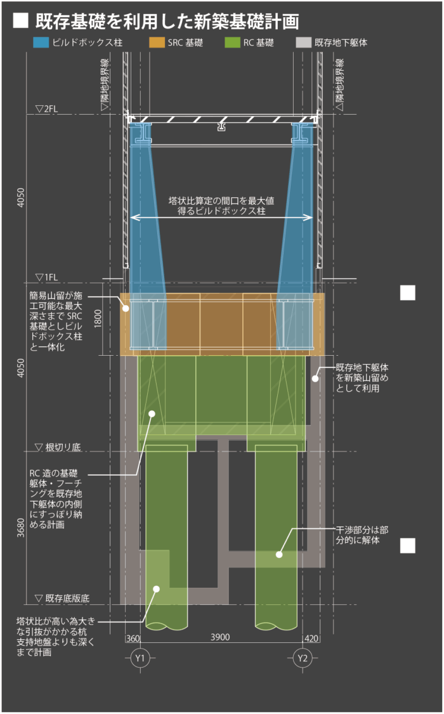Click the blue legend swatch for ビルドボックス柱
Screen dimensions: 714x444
point(41,43)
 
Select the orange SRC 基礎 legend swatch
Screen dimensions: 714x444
point(157,43)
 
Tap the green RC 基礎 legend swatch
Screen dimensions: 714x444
point(232,43)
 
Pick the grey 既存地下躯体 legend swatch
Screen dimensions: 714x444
point(304,43)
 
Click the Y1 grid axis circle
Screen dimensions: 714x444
point(140,659)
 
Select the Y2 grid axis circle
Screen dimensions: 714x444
point(303,659)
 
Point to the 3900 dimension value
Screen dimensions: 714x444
point(220,637)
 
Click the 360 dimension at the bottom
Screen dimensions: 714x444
point(133,637)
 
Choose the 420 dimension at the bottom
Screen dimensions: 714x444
point(311,637)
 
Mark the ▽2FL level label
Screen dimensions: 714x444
point(47,108)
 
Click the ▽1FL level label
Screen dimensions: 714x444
point(47,277)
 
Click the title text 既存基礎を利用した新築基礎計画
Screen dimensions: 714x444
point(167,21)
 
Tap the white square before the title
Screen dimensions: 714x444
point(21,20)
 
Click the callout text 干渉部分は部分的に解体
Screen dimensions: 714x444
point(362,534)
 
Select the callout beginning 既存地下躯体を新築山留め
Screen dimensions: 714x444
point(362,377)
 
